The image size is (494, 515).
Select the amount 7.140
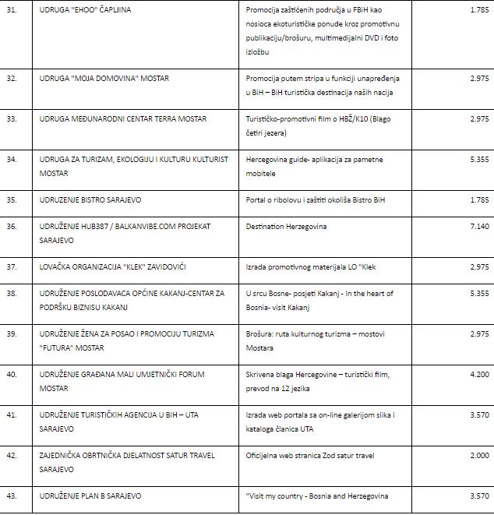click(x=477, y=226)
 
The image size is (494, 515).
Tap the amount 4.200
click(x=477, y=374)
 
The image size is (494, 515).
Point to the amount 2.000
click(x=477, y=455)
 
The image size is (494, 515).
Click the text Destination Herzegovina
click(x=286, y=226)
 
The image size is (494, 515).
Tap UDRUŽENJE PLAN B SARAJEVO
click(x=90, y=496)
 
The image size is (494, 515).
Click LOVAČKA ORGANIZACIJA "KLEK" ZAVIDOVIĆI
click(x=112, y=267)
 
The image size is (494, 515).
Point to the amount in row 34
click(x=477, y=159)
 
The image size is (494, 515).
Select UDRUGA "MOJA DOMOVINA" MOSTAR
click(x=104, y=78)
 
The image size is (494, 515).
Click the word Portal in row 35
click(x=257, y=199)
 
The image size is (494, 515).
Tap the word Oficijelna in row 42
click(x=263, y=455)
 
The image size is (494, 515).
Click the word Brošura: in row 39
click(x=263, y=333)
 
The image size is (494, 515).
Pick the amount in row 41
click(x=477, y=414)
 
